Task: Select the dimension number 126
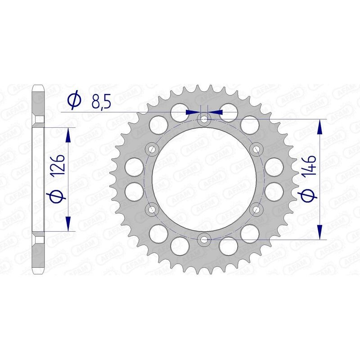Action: [x=62, y=166]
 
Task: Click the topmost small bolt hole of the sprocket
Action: [x=205, y=119]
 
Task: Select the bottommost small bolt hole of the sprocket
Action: [x=205, y=239]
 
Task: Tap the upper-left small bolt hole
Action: [x=152, y=149]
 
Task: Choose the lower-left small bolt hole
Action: [x=152, y=209]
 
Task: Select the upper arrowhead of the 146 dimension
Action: [x=320, y=126]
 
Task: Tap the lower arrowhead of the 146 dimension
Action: [x=320, y=232]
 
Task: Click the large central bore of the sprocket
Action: [x=205, y=179]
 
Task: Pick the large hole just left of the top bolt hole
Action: [x=180, y=112]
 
